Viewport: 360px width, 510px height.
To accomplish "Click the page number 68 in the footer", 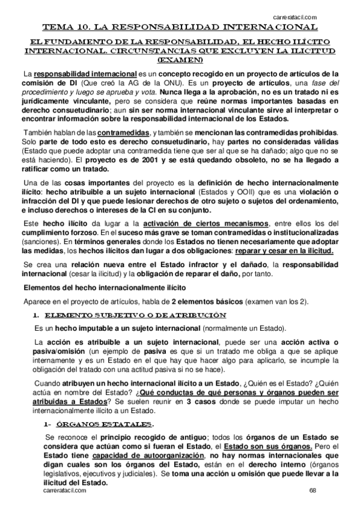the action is pos(313,491).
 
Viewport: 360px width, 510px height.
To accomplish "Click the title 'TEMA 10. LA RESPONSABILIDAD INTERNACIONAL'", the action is pos(180,28).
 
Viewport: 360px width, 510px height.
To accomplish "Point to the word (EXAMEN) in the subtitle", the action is pos(179,61).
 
